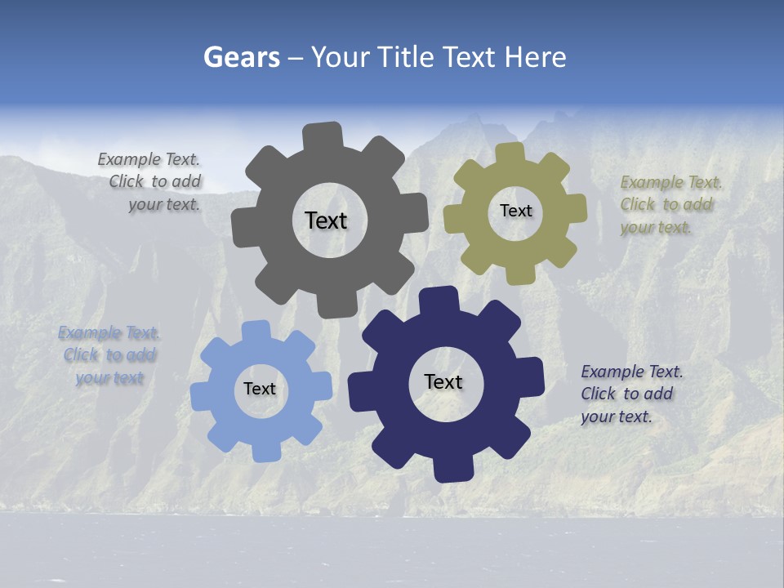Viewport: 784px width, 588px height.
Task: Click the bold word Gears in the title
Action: (242, 57)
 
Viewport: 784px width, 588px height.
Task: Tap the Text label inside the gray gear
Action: (326, 220)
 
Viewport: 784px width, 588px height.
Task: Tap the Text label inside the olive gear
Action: (515, 211)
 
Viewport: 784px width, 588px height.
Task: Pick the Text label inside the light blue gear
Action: (260, 389)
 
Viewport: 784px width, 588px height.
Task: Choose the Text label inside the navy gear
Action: (443, 381)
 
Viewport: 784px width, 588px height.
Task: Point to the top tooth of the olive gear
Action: (510, 153)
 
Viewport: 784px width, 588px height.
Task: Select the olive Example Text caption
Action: (670, 204)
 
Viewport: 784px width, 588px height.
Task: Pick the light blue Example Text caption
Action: (109, 355)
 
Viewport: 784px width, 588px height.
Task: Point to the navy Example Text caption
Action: (630, 394)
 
